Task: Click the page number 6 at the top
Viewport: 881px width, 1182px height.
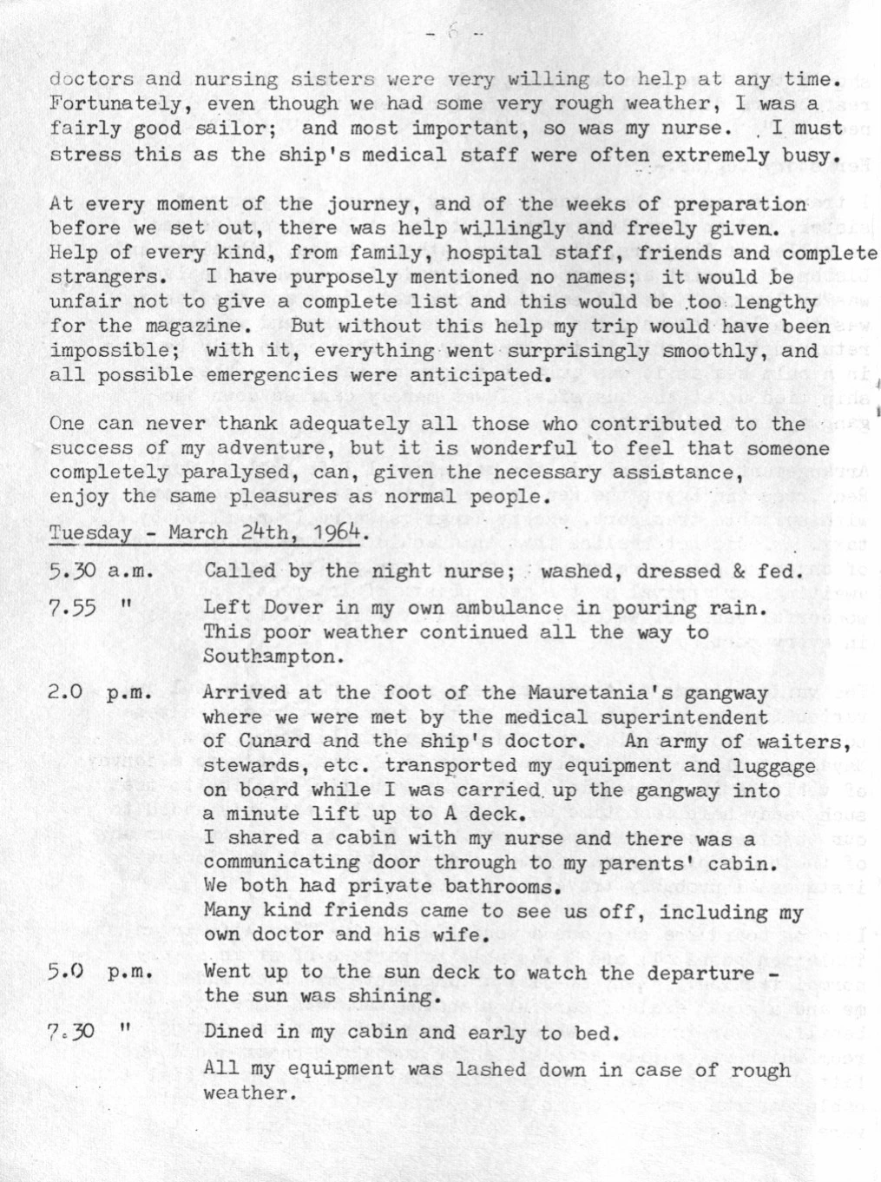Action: click(x=451, y=35)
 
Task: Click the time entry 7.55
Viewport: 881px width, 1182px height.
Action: click(x=71, y=608)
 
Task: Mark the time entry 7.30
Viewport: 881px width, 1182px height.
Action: click(x=71, y=1033)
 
